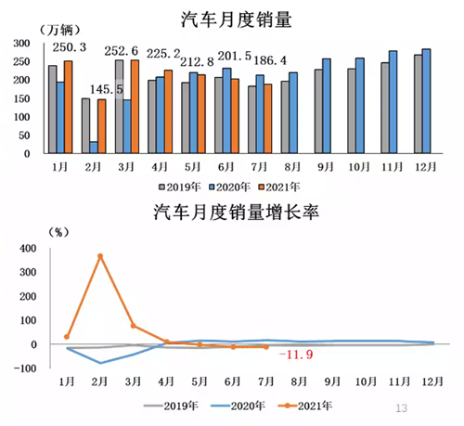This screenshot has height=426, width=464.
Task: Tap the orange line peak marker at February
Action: (99, 256)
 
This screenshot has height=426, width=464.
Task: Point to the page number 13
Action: (402, 407)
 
